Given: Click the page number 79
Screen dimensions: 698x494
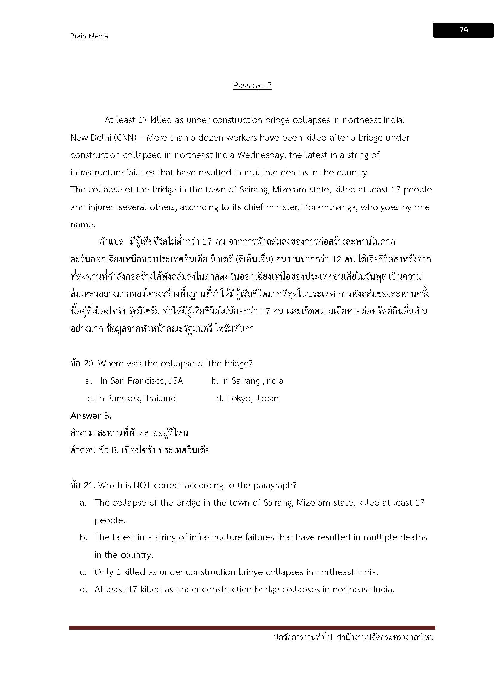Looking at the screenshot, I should coord(463,30).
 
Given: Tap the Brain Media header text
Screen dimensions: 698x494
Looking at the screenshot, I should coord(89,36).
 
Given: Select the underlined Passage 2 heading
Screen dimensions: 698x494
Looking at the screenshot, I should coord(252,85).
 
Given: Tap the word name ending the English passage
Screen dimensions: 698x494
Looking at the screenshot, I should coord(83,225).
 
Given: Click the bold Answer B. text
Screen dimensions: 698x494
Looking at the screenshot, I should coord(91,416).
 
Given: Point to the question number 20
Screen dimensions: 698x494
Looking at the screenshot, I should coord(89,363).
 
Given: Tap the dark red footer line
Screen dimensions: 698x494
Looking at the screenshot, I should coord(252,628).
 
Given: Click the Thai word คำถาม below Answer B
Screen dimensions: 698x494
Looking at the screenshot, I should coord(82,433).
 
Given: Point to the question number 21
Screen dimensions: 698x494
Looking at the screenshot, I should coord(89,485).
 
